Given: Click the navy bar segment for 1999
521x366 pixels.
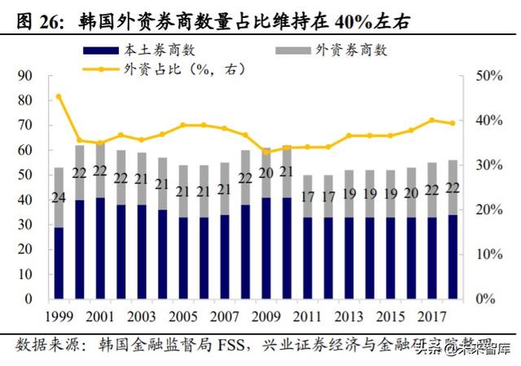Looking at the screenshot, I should coord(58,263).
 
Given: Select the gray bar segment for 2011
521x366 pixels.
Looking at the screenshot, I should coord(307,196).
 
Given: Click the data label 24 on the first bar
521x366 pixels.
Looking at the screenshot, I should coord(58,197).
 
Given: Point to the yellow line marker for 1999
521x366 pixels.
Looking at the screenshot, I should coord(58,96).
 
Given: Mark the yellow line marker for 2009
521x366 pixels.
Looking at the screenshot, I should coord(265,152).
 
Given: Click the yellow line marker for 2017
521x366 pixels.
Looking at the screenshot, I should coord(431,120).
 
